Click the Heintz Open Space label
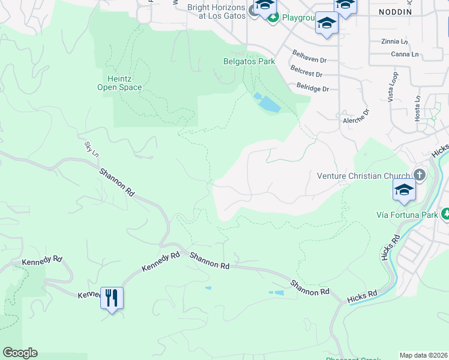120,83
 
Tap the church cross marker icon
420,175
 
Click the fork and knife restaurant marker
112,297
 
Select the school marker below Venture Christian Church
404,191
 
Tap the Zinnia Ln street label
394,41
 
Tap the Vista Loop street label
393,87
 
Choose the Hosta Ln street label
417,107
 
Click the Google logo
20,353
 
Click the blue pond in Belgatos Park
267,103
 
